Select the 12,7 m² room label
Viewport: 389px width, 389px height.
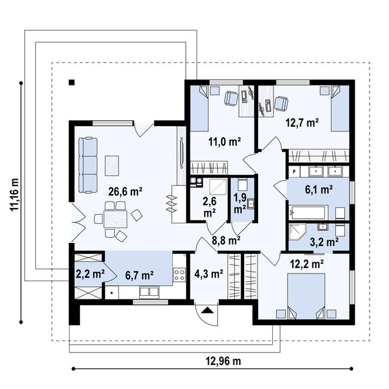(x=302, y=123)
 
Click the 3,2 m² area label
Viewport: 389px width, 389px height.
(x=324, y=241)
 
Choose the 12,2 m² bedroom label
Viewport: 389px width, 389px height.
(x=306, y=265)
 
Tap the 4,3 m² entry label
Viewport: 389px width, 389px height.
(x=208, y=273)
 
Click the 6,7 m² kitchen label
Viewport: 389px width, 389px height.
(x=139, y=274)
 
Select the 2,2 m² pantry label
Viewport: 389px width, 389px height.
(x=90, y=273)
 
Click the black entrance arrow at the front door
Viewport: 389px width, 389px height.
(x=207, y=309)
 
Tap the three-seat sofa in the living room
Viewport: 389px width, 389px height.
(x=89, y=164)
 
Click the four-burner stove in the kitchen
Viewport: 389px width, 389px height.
(x=179, y=274)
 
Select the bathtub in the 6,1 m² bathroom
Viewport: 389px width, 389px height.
(x=306, y=212)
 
